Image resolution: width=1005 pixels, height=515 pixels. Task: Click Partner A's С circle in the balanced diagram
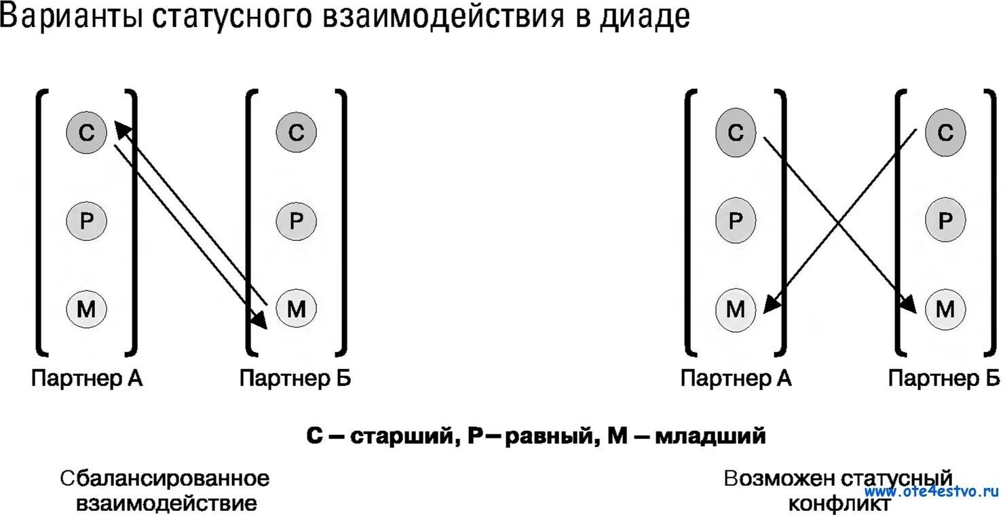[x=86, y=132]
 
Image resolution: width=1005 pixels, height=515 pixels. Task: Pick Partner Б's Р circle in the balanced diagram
[x=296, y=221]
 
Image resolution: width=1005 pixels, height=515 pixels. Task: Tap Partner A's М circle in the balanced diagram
[x=86, y=309]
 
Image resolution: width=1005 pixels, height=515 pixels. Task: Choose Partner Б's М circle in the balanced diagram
[x=296, y=309]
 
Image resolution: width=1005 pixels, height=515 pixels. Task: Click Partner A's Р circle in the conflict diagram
[x=736, y=221]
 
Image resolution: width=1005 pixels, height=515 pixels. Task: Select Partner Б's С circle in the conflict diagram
[x=945, y=132]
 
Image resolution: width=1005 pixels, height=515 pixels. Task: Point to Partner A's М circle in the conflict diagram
[x=736, y=309]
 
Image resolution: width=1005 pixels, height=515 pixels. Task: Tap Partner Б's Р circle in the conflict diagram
[x=945, y=221]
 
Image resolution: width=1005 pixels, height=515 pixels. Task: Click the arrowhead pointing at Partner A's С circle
[x=120, y=128]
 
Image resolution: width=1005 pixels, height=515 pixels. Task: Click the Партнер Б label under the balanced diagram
[x=295, y=378]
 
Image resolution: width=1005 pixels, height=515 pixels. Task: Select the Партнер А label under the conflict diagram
[x=736, y=378]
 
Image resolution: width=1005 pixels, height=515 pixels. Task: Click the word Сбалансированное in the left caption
[x=165, y=478]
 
